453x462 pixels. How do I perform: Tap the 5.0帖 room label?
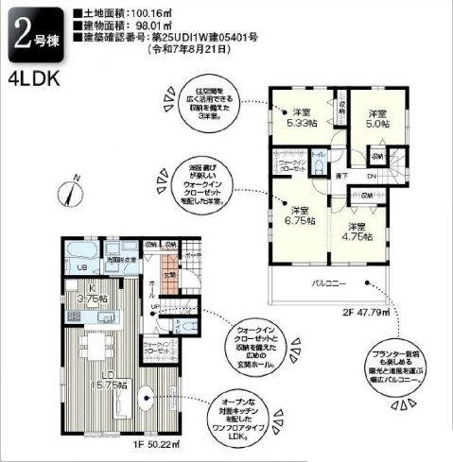click(x=376, y=117)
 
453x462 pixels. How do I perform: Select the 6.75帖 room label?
click(x=300, y=216)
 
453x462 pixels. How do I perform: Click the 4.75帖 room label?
click(x=357, y=231)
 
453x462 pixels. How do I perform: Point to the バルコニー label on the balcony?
click(x=327, y=282)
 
